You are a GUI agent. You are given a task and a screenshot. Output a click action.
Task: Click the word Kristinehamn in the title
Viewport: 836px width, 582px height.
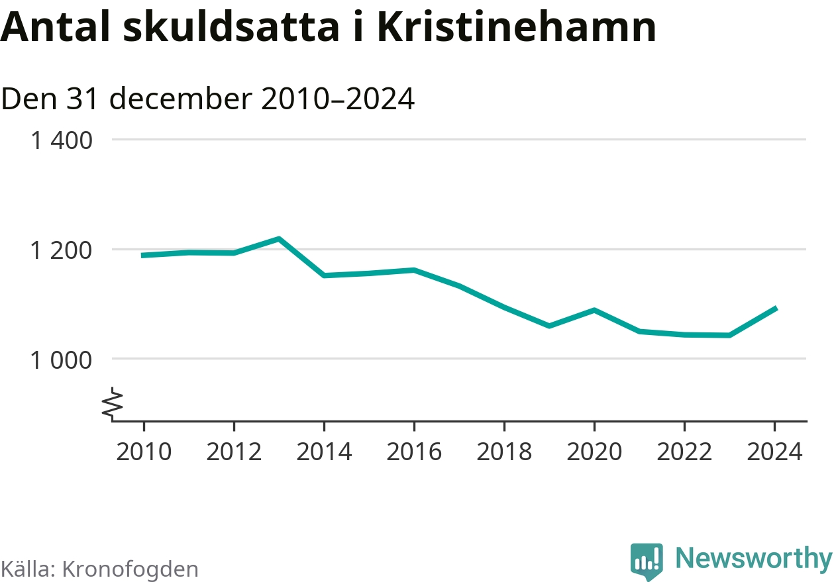coord(517,26)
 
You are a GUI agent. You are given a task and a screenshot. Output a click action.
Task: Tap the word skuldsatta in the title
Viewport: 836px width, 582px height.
coord(231,26)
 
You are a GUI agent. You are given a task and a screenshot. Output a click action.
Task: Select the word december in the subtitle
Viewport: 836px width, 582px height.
coord(181,99)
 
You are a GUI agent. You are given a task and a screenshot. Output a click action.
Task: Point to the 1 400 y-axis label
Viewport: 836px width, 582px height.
coord(62,140)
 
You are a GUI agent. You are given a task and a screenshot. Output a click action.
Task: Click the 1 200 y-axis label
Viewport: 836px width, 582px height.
coord(62,250)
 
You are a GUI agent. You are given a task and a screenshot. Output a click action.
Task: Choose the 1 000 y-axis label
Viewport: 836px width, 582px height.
coord(62,360)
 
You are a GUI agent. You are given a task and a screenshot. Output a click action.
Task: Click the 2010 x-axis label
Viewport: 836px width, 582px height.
coord(144,452)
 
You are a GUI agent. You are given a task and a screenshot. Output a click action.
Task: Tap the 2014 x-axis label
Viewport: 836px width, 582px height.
coord(324,452)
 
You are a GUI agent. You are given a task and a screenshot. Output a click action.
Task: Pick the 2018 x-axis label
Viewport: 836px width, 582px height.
coord(504,452)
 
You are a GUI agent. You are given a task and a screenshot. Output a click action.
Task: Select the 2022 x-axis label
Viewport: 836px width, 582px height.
coord(684,452)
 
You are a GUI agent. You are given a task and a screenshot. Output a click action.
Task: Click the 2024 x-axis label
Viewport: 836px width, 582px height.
coord(774,452)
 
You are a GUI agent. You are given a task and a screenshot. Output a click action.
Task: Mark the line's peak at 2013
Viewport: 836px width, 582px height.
coord(279,239)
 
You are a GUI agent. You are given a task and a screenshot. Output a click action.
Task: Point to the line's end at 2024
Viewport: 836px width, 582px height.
coord(775,309)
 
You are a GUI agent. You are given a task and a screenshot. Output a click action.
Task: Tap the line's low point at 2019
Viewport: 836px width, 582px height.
coord(549,326)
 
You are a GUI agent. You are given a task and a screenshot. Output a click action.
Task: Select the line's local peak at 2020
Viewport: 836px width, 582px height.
coord(594,310)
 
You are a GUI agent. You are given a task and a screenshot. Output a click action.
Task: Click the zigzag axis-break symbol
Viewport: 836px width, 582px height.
coord(113,403)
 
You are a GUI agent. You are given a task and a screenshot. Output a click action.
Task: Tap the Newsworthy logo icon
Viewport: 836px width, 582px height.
coord(647,561)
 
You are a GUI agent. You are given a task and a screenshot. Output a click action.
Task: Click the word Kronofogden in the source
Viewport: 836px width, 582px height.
coord(130,569)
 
